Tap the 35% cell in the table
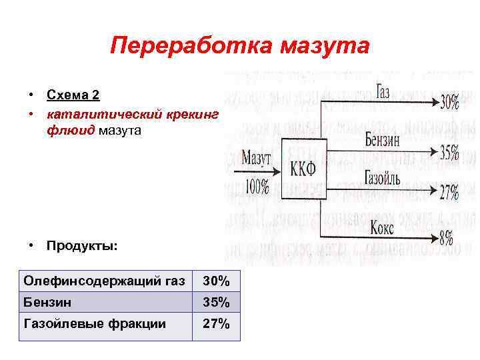[x=216, y=303]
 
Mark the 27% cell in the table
[x=216, y=324]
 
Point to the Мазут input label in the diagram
[x=255, y=158]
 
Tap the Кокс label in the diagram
[x=382, y=228]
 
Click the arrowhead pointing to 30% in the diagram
[x=432, y=102]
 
